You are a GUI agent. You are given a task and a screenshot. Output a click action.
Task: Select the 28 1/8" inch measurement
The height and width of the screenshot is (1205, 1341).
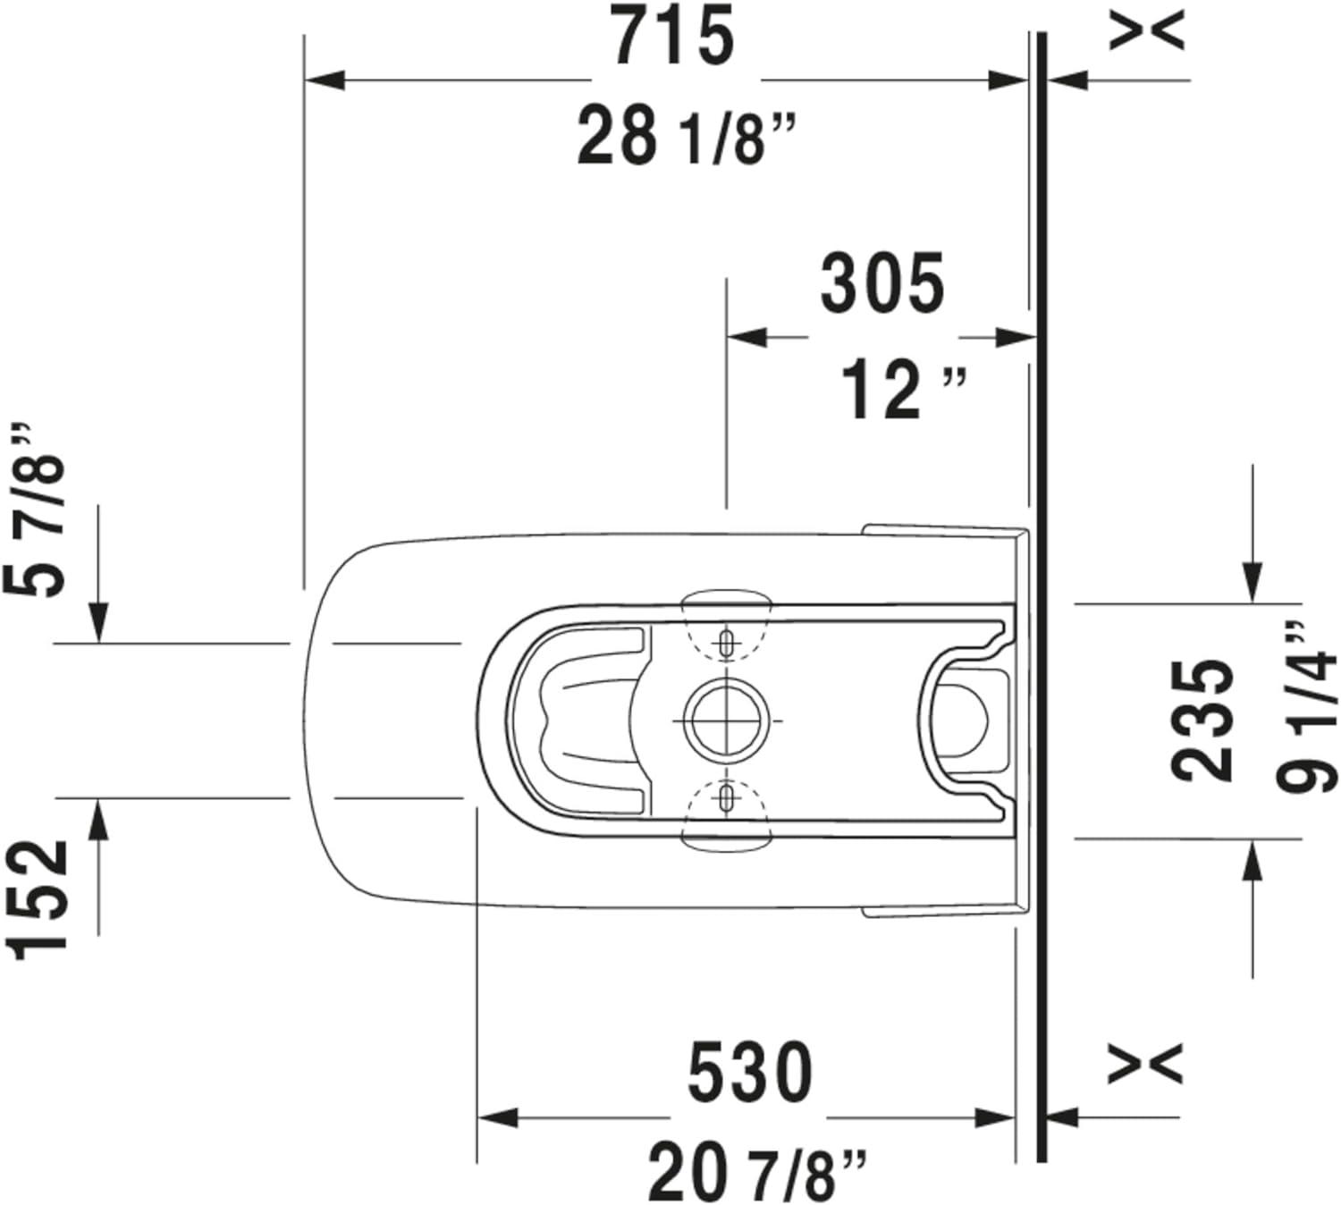coord(685,137)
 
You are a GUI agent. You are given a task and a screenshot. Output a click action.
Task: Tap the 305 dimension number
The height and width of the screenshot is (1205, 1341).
coord(881,284)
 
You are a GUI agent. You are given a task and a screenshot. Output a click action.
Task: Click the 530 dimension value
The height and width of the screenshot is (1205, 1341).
coord(750,1073)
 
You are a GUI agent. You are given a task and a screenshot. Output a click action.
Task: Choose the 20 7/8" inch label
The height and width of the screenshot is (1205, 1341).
coord(756,1173)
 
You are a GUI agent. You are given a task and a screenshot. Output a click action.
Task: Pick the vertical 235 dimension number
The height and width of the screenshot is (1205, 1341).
coord(1202,720)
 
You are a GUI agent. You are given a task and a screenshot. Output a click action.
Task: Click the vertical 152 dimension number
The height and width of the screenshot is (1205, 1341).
coord(41,899)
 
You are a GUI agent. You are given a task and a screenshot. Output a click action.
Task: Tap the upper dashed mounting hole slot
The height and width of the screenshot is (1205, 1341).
coord(727,641)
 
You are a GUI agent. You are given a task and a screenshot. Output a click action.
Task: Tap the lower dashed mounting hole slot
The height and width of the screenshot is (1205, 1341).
coord(727,797)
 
